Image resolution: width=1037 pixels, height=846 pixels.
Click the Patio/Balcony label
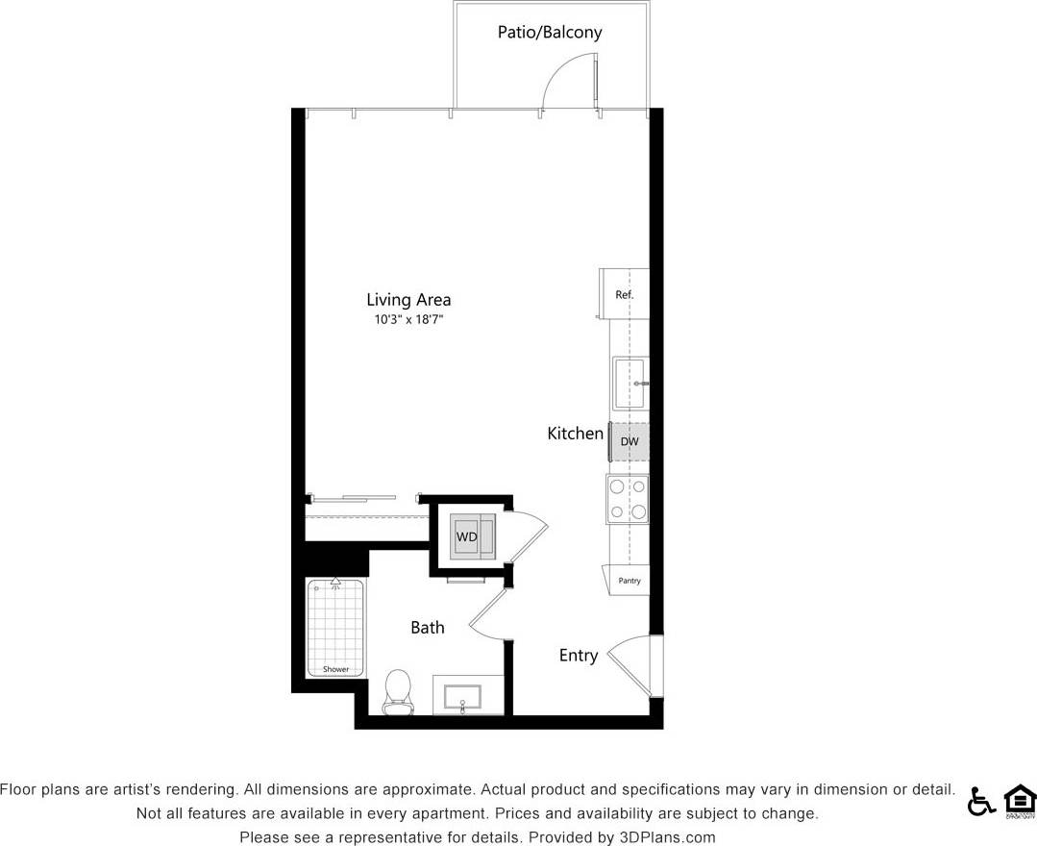pyautogui.click(x=549, y=32)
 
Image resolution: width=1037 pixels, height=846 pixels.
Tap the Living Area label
pyautogui.click(x=408, y=300)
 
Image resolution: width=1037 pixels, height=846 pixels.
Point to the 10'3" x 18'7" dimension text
pyautogui.click(x=408, y=320)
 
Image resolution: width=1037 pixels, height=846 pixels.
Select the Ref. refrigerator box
pyautogui.click(x=625, y=294)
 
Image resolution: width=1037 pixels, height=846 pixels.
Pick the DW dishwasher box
pyautogui.click(x=630, y=441)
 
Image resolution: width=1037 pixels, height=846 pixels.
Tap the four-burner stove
pyautogui.click(x=627, y=499)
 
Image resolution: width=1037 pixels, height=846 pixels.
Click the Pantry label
pyautogui.click(x=629, y=581)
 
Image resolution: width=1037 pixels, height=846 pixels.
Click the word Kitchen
pyautogui.click(x=575, y=434)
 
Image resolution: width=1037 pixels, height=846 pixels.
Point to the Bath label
pyautogui.click(x=428, y=628)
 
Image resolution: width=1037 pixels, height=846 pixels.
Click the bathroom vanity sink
pyautogui.click(x=468, y=695)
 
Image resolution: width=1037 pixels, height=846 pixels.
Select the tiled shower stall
pyautogui.click(x=335, y=627)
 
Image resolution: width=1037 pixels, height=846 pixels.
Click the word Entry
pyautogui.click(x=579, y=656)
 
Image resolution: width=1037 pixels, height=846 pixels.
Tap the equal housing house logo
pyautogui.click(x=1019, y=800)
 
